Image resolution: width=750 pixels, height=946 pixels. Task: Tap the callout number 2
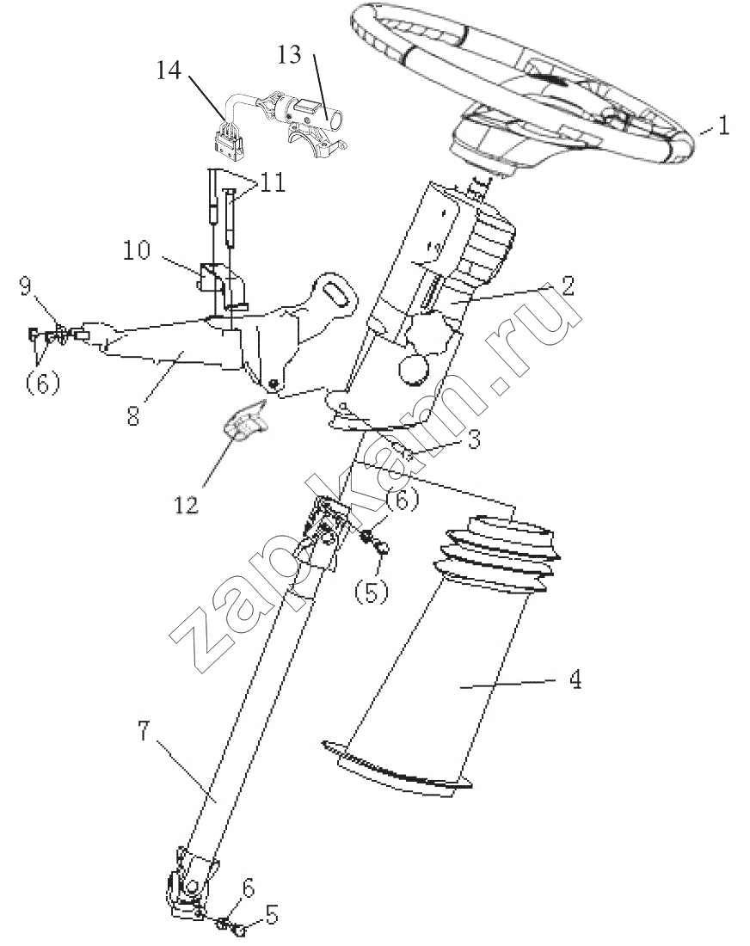pos(567,285)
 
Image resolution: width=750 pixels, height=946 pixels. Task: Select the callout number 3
pos(474,439)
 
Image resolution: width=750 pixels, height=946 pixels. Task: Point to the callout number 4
pos(575,680)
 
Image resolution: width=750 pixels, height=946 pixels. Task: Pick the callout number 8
pos(133,415)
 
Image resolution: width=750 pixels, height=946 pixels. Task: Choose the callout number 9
pos(25,286)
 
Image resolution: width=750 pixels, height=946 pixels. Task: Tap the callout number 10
pos(137,249)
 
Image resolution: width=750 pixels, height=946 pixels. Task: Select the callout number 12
pos(187,504)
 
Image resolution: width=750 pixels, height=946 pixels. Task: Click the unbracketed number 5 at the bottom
pos(272,915)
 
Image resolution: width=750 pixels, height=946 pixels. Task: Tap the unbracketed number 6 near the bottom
pos(249,888)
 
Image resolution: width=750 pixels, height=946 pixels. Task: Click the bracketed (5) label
pos(371,592)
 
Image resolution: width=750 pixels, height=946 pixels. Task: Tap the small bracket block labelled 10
pos(221,285)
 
